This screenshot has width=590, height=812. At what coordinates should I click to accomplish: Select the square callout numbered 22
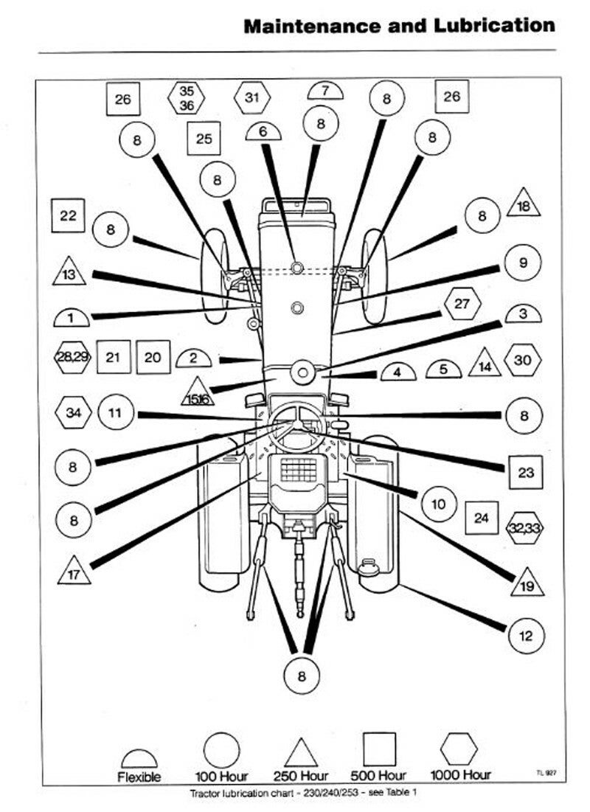68,217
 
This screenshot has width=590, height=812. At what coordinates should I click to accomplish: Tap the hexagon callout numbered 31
252,97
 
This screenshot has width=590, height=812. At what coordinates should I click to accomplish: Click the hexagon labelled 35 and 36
187,98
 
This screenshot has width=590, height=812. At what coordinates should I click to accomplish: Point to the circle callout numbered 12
525,636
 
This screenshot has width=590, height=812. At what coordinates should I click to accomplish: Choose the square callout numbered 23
525,473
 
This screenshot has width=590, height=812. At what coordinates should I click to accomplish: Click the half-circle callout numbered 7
326,92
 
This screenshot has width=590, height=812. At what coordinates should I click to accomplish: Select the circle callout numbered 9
523,263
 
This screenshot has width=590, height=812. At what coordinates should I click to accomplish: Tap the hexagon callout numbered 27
462,304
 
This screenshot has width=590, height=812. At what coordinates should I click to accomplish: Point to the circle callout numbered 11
116,412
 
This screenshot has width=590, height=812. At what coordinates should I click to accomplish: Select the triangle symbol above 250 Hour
300,754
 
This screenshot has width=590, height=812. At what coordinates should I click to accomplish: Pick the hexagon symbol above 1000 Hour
459,750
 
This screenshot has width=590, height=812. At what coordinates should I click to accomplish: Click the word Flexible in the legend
139,777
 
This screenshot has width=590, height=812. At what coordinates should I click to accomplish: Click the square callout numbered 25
204,138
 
